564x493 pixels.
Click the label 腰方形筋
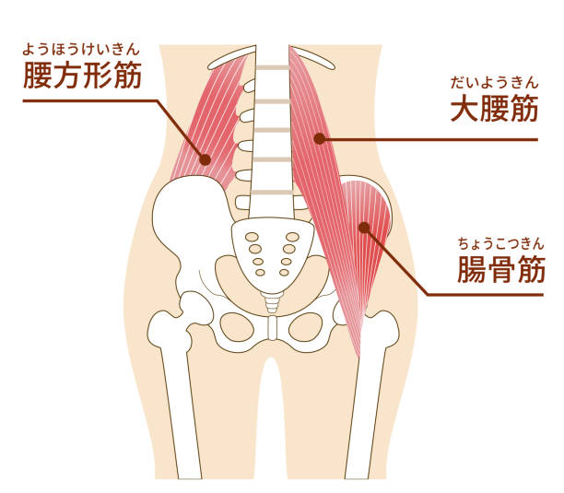82,76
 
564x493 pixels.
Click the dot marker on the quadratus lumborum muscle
205,158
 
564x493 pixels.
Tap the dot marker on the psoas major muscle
319,139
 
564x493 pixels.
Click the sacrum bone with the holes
271,253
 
